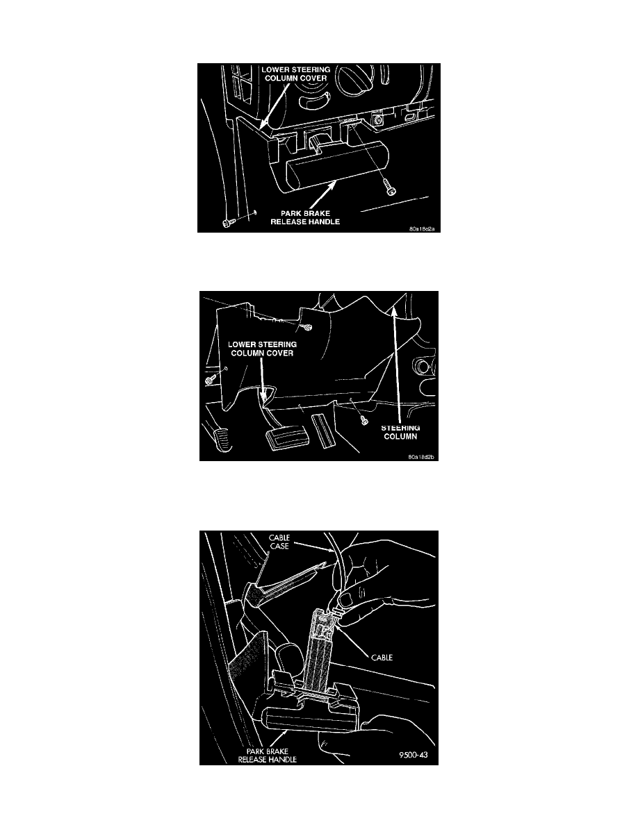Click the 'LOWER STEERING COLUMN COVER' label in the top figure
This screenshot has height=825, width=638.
click(x=296, y=74)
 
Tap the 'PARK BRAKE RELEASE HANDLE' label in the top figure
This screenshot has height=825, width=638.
click(x=305, y=217)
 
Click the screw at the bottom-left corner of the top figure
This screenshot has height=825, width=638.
click(x=227, y=223)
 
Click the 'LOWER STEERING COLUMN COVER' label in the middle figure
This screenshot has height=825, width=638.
click(x=262, y=349)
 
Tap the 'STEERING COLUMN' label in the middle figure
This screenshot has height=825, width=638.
click(x=400, y=432)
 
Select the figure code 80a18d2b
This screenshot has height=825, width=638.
click(x=422, y=457)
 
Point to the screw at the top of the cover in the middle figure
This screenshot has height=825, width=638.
click(x=307, y=327)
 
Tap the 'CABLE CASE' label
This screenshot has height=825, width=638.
click(x=279, y=542)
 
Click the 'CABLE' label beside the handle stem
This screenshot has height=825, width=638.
click(x=382, y=657)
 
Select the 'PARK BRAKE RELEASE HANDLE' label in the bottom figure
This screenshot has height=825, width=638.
click(x=268, y=756)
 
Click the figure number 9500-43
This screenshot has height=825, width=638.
click(x=414, y=755)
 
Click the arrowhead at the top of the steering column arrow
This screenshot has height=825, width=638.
click(x=393, y=312)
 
